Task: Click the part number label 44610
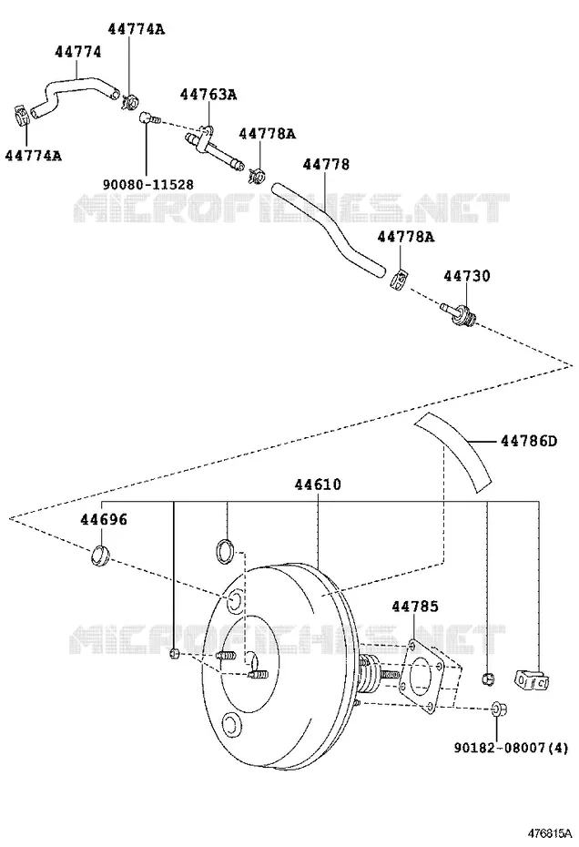[x=318, y=484]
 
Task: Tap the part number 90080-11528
[x=148, y=184]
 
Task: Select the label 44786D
[x=529, y=441]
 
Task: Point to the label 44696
[x=104, y=519]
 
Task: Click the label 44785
[x=415, y=606]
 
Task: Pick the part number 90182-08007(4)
[x=511, y=748]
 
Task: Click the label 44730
[x=467, y=275]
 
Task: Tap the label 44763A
[x=208, y=95]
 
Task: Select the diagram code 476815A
[x=549, y=831]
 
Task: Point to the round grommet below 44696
[x=100, y=556]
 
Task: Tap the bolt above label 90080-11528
[x=148, y=117]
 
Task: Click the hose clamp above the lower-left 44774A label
[x=21, y=115]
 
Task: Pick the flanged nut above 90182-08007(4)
[x=496, y=709]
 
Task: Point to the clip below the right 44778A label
[x=399, y=280]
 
